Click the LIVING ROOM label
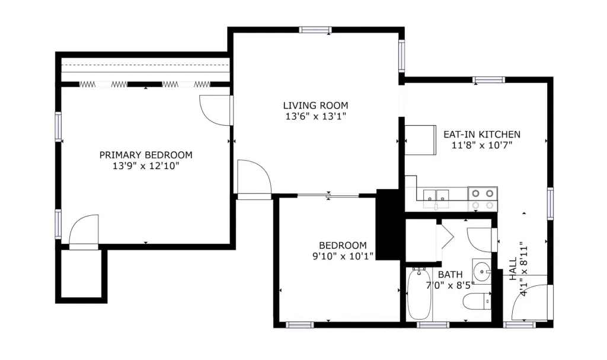[x=315, y=106]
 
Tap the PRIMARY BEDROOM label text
[x=146, y=155]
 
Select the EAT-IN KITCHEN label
[x=482, y=135]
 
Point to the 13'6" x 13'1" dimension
[x=315, y=116]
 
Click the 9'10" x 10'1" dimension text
[x=343, y=256]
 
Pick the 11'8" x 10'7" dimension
[x=482, y=146]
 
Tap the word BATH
[x=451, y=275]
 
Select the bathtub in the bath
[x=418, y=295]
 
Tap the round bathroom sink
[x=481, y=271]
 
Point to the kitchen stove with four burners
[x=483, y=199]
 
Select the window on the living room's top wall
[x=315, y=30]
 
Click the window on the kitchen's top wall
[x=489, y=80]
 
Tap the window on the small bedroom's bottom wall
[x=300, y=325]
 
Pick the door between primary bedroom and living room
[x=215, y=110]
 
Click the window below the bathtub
[x=433, y=325]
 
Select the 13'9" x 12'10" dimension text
[x=146, y=166]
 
